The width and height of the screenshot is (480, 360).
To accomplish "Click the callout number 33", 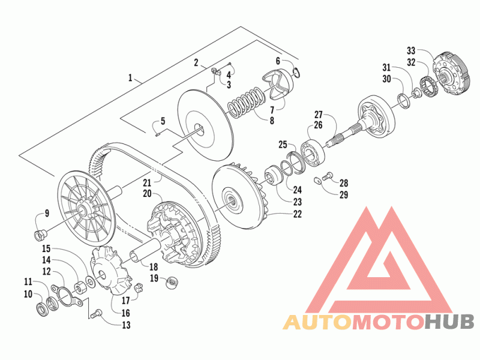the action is (x=411, y=50).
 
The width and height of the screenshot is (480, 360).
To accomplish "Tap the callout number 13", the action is (x=126, y=325).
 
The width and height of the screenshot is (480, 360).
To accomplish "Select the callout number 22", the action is (x=297, y=214).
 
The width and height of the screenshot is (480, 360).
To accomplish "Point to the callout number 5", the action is (x=163, y=121).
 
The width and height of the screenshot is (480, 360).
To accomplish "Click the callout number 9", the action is (x=47, y=213).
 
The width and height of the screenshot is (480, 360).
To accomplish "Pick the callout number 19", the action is (x=154, y=278).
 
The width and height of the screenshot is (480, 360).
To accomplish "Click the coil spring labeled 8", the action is (x=245, y=103).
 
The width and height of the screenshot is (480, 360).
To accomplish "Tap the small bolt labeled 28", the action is (x=328, y=176).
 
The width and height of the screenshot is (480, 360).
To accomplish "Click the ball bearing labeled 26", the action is (x=313, y=153).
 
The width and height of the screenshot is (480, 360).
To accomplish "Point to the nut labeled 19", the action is (x=172, y=282).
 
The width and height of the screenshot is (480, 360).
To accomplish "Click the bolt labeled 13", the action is (x=96, y=314).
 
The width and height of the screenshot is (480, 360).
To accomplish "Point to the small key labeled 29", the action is (x=318, y=181).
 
